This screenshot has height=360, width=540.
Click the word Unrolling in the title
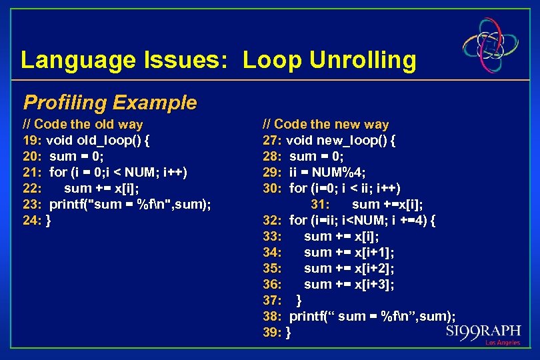click(x=359, y=60)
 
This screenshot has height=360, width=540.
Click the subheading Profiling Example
click(x=110, y=102)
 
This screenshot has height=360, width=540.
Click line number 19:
click(x=33, y=141)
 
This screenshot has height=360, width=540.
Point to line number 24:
click(x=33, y=221)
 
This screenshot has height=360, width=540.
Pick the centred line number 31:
click(x=321, y=205)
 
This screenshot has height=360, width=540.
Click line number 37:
click(x=273, y=301)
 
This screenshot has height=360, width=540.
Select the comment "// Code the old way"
click(x=83, y=124)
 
